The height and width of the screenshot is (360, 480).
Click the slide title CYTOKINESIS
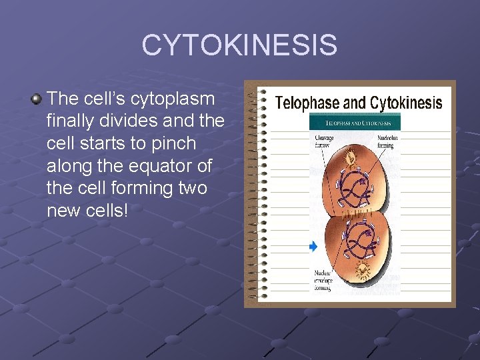point(239,45)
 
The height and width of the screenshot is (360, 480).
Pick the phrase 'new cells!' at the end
point(87,211)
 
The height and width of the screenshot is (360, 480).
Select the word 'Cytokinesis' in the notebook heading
point(406,103)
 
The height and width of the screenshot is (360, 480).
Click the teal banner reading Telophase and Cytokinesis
point(354,123)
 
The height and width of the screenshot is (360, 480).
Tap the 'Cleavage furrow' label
point(326,141)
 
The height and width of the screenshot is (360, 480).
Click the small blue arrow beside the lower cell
point(313,247)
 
